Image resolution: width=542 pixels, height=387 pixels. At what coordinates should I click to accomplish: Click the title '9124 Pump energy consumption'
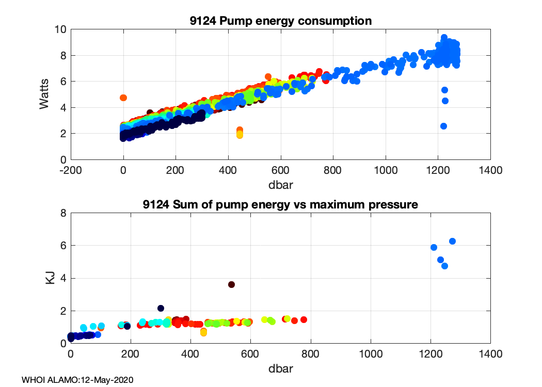click(281, 21)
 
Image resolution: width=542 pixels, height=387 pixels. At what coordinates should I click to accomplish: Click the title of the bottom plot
click(281, 205)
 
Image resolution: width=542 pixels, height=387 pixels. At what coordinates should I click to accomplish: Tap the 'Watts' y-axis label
click(45, 94)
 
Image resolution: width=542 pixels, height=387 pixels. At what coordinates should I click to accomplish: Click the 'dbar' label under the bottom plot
click(281, 369)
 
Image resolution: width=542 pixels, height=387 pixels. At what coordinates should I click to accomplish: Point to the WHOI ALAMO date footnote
click(77, 380)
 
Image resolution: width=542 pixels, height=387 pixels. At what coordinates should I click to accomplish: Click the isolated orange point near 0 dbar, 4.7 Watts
click(123, 98)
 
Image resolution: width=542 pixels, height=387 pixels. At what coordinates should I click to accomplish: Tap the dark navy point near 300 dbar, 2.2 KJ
click(161, 308)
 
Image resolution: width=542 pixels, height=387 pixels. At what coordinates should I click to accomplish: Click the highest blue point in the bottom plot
click(452, 241)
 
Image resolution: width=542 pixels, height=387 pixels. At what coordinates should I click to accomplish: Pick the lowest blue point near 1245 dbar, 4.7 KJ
click(444, 266)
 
